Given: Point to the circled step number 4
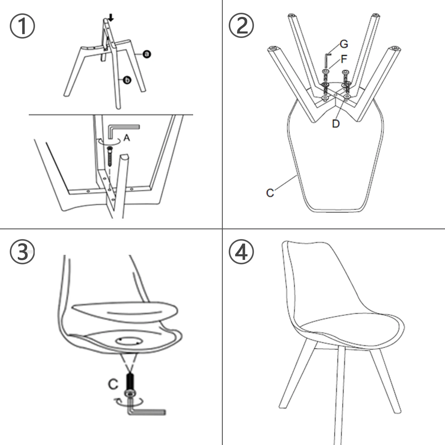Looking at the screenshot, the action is pyautogui.click(x=241, y=252).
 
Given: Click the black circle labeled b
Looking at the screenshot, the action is pyautogui.click(x=127, y=80).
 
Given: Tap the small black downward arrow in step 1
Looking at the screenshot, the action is pyautogui.click(x=111, y=18).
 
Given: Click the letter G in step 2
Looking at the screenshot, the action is pyautogui.click(x=344, y=44).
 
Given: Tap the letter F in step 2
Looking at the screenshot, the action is pyautogui.click(x=344, y=59).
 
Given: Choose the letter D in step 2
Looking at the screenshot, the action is pyautogui.click(x=336, y=123).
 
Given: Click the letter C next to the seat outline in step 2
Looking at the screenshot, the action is pyautogui.click(x=270, y=193).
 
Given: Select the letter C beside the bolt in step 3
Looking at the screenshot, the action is pyautogui.click(x=113, y=384).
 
